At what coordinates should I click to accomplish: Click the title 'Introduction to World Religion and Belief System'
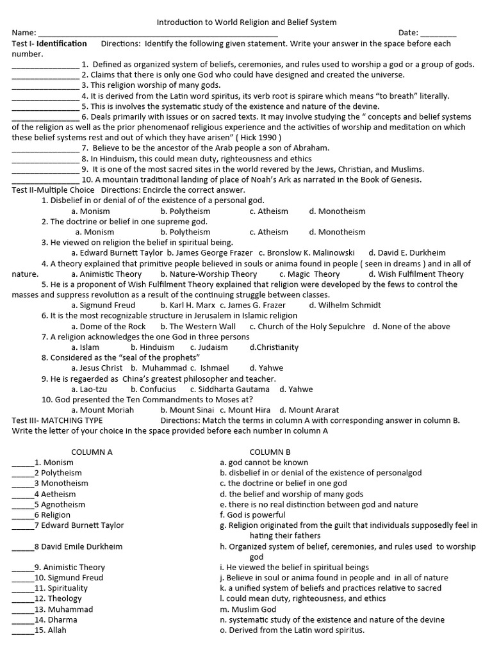point(247,22)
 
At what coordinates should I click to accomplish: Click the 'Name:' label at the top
point(24,33)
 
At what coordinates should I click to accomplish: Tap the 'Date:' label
point(408,33)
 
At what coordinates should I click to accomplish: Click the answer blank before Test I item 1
point(45,64)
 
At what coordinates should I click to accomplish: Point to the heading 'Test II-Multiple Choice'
point(53,190)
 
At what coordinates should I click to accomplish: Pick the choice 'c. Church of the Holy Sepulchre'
point(307,326)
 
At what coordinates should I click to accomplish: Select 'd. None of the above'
point(411,326)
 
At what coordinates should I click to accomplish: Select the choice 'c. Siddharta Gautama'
point(229,389)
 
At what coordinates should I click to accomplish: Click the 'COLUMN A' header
point(92,452)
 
